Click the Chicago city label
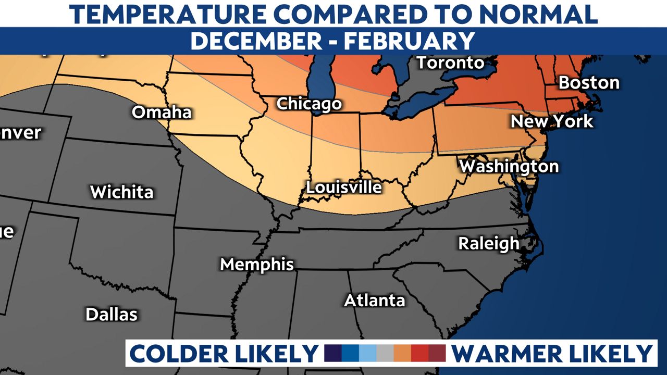(308, 104)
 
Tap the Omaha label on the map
(162, 112)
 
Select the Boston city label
(589, 82)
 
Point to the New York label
(552, 121)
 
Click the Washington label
(509, 167)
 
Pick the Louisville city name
(344, 187)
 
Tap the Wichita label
(122, 192)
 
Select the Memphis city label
(257, 264)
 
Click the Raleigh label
(488, 243)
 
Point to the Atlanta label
(374, 301)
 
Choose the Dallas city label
(112, 314)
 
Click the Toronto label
(451, 63)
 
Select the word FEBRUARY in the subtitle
(409, 41)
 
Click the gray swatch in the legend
(385, 353)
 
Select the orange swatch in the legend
(402, 353)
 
